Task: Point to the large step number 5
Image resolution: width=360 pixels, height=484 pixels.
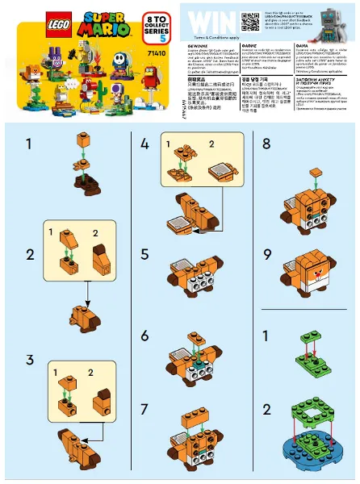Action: (x=144, y=256)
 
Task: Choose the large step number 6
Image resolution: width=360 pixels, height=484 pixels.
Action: (x=144, y=336)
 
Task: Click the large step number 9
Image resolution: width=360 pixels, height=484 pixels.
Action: (x=267, y=256)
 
